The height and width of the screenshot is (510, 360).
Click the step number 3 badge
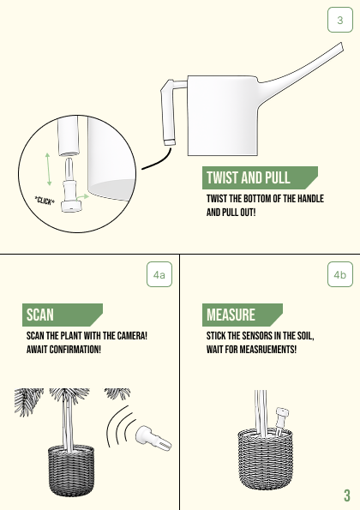339,20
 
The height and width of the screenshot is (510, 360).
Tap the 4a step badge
159,274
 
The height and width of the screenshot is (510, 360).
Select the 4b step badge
339,274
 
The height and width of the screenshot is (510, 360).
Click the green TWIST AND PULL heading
260,178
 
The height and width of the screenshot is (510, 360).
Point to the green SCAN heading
63,315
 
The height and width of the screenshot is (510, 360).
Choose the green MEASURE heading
243,315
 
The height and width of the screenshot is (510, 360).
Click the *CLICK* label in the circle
45,201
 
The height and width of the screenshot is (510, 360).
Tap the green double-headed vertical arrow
48,169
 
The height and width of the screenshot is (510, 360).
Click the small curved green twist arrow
82,197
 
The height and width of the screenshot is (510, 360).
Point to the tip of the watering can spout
342,46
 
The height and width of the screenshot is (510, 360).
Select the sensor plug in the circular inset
70,185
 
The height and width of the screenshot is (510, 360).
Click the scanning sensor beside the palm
153,440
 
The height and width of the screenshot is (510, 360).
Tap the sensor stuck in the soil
282,421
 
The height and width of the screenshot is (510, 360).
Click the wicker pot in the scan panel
71,471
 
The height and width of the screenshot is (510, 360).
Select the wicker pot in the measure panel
265,459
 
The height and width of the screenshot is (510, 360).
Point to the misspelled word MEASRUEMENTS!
268,350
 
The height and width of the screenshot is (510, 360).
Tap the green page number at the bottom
347,495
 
